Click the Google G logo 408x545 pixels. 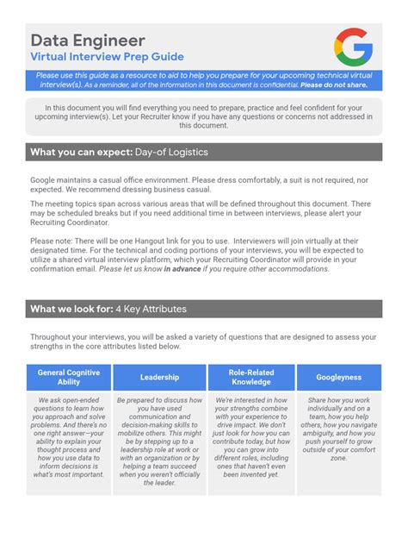click(353, 47)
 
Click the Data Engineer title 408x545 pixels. click(88, 41)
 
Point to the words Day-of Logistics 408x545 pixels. click(171, 153)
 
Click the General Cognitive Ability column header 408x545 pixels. click(69, 377)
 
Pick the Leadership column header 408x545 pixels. click(160, 377)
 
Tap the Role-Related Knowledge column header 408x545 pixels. click(250, 377)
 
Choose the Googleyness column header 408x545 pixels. click(338, 377)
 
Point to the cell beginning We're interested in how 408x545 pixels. click(250, 437)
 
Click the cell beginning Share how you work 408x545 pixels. click(338, 429)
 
